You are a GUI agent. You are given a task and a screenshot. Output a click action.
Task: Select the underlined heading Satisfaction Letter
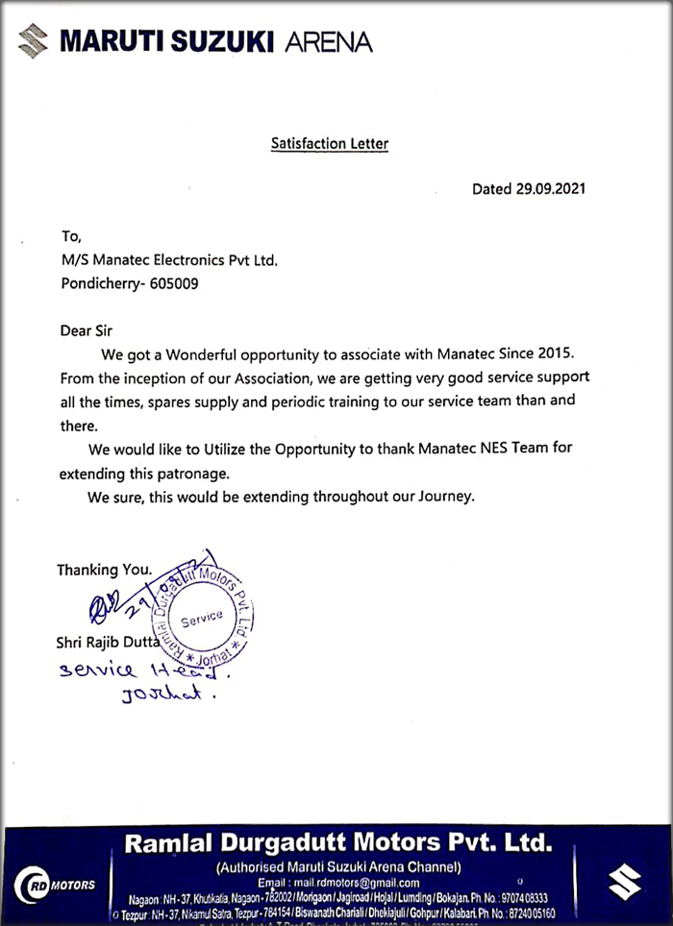[x=329, y=145]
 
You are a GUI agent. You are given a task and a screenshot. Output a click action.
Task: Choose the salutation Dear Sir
[x=87, y=330]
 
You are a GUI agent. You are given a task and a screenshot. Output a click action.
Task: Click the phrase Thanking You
[x=104, y=570]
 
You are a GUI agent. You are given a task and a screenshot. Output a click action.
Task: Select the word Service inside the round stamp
[x=201, y=620]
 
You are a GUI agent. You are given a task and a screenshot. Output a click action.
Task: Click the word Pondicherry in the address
[x=103, y=284]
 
